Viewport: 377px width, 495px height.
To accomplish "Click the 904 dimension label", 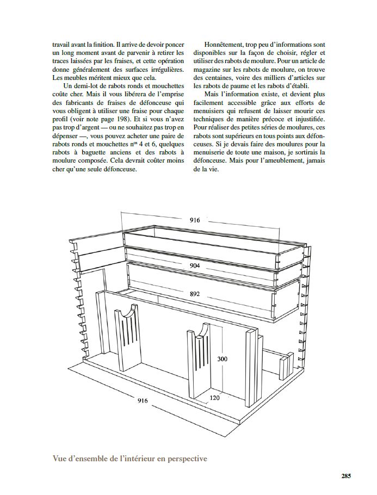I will click(x=195, y=265).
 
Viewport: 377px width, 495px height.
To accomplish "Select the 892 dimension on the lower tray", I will click(x=195, y=294).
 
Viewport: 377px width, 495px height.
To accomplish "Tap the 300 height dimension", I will click(x=222, y=359).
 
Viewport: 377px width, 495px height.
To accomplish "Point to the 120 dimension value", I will click(x=215, y=398).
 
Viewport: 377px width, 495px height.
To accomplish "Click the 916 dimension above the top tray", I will click(x=195, y=220).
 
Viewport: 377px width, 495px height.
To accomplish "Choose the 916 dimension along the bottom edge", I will click(x=142, y=401).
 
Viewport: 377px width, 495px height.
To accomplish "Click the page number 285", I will click(x=346, y=475).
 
